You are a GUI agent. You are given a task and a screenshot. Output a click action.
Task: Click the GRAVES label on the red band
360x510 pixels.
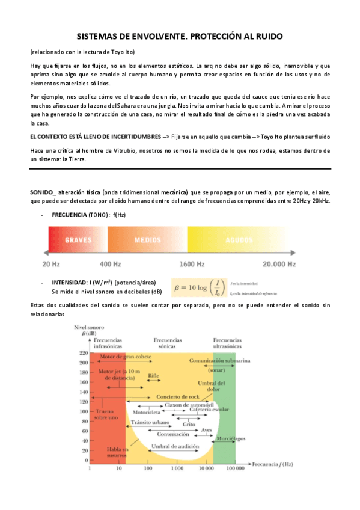pos(78,239)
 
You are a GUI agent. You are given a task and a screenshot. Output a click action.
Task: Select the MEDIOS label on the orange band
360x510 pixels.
pos(147,239)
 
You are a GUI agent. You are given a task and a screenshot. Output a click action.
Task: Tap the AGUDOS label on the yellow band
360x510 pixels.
pos(239,239)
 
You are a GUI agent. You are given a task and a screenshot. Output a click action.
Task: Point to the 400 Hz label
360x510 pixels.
pos(110,263)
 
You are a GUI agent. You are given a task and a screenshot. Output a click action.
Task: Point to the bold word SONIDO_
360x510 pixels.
pos(43,191)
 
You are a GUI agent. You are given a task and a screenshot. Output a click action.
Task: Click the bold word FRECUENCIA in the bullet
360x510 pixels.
pos(69,215)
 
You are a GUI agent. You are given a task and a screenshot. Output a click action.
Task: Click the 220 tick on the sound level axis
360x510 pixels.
pos(82,353)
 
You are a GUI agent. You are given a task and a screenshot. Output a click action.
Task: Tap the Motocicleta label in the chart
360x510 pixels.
pos(147,413)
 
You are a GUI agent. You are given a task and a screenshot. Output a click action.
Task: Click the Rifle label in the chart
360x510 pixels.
pos(153,375)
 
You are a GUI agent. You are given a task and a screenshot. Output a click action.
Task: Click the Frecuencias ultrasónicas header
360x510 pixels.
pos(228,343)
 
